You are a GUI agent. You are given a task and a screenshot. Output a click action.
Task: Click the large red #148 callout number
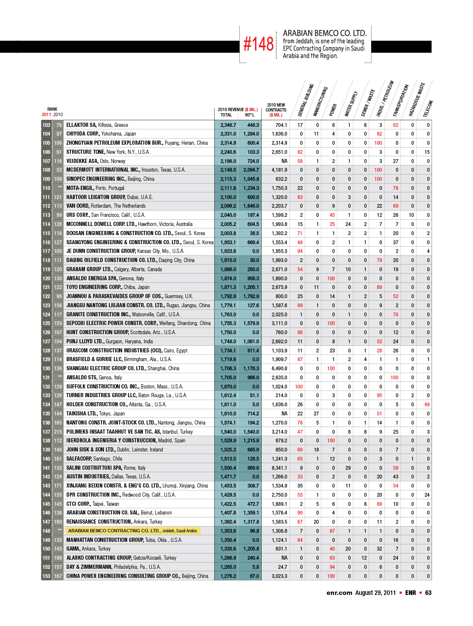258,44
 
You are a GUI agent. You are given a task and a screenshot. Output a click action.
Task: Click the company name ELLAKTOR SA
81,125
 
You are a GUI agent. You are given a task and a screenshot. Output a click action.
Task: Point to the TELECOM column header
428,109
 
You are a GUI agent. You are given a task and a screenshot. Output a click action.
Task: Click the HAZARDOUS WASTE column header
417,99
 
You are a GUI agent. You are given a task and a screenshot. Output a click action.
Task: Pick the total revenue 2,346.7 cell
228,125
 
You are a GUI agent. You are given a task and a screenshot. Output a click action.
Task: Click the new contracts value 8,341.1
279,468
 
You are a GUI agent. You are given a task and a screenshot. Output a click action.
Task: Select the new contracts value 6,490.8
279,369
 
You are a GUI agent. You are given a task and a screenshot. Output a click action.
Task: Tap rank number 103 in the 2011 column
46,125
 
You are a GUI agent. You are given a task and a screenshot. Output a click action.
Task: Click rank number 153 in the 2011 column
46,576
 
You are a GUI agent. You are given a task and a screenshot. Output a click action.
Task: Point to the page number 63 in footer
428,593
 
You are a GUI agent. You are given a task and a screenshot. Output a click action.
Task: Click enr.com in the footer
339,593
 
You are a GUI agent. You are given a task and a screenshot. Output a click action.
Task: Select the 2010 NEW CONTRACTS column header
276,110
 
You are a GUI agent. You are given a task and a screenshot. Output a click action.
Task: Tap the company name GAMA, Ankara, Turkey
88,549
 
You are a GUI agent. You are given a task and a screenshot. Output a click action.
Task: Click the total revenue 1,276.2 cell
228,576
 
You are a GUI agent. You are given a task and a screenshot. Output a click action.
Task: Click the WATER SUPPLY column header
351,104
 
